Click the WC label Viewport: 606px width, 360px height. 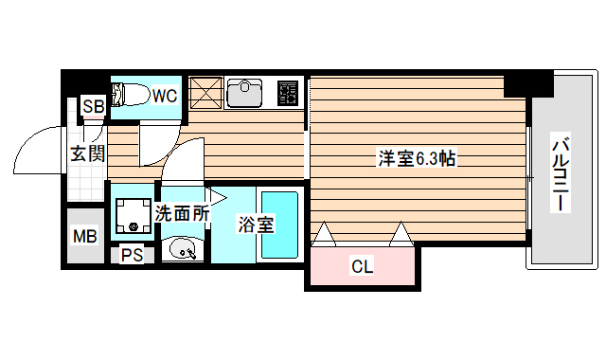pos(165,95)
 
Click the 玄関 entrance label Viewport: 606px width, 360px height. pos(86,153)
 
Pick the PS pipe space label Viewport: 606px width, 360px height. pos(132,254)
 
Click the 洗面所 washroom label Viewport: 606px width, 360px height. pos(182,214)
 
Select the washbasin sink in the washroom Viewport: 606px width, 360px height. pos(182,250)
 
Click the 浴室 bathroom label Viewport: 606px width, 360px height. pos(256,225)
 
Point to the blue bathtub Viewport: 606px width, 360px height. pos(279,225)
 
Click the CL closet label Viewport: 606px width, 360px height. pos(362,266)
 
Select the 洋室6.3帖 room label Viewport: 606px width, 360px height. pos(418,158)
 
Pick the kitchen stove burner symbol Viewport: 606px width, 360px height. pos(288,92)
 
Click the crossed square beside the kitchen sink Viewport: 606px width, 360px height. pos(205,93)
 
